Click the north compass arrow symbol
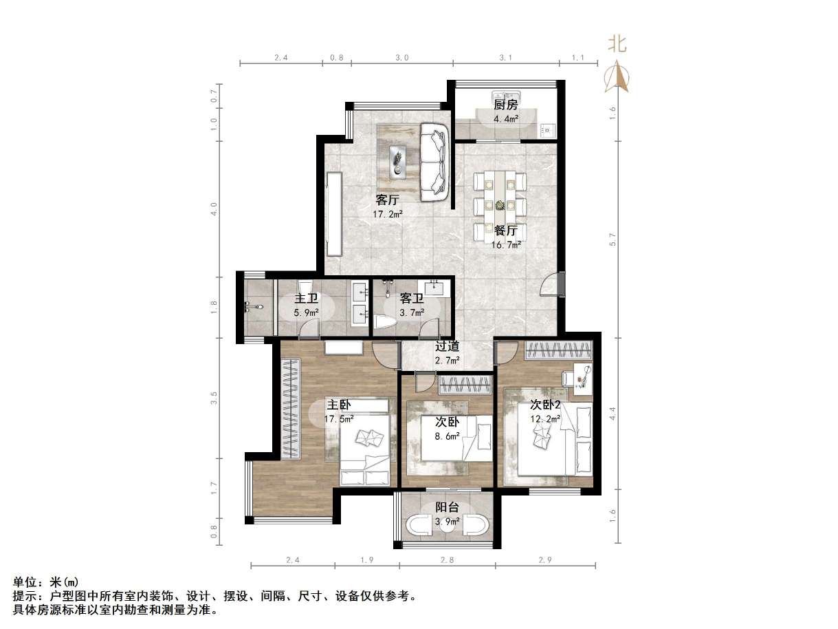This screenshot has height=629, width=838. pos(617,76)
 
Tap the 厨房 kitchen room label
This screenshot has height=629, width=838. pos(505,105)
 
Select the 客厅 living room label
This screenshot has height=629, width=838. pos(388,200)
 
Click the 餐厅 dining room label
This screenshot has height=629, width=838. pos(505,231)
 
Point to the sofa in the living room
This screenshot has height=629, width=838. pos(434,162)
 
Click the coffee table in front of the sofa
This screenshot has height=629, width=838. pos(397,162)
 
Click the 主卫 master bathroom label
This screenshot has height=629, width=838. pos(306,299)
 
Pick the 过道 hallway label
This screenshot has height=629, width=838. pos(447,346)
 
